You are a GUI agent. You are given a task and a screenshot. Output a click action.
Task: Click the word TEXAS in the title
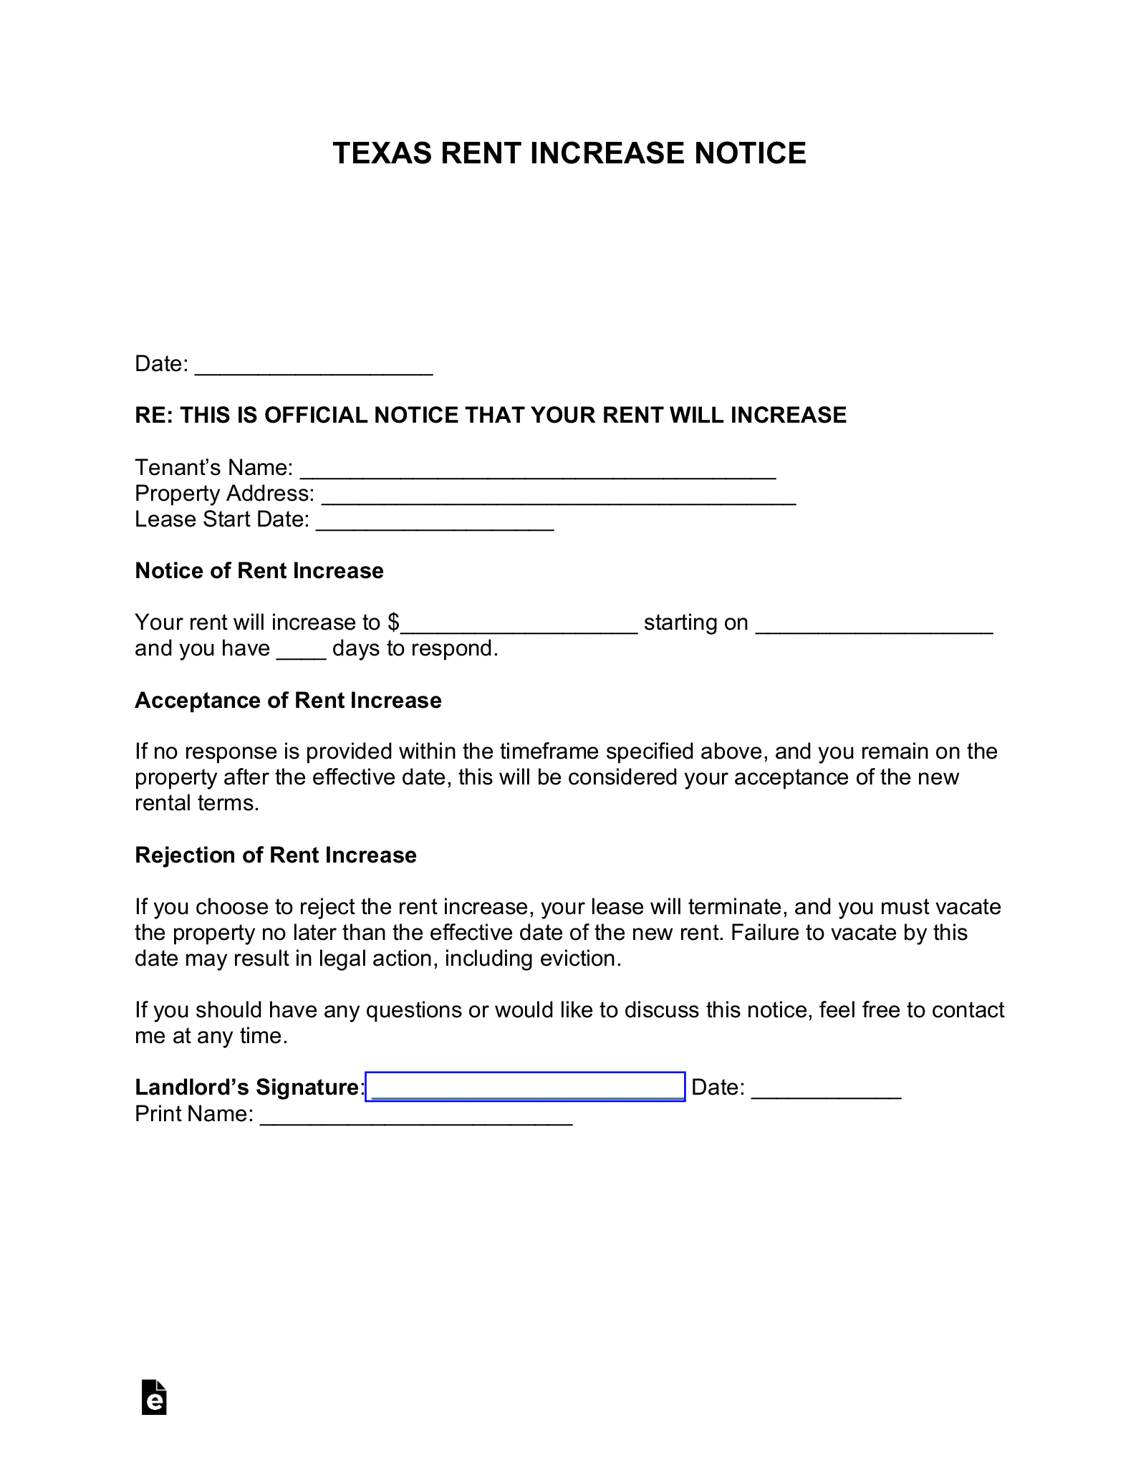coord(382,153)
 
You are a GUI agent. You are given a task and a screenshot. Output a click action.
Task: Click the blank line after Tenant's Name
coord(537,470)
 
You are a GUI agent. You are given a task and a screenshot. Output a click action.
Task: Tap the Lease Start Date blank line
coord(435,522)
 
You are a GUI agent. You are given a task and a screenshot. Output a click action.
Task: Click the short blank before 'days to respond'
coord(302,651)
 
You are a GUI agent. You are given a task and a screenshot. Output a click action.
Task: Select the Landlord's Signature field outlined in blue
coord(525,1087)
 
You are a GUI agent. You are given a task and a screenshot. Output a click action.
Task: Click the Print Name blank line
coord(415,1115)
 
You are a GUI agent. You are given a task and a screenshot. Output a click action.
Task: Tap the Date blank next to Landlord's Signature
coord(826,1090)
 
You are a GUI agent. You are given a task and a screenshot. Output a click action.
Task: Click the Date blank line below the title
coord(314,366)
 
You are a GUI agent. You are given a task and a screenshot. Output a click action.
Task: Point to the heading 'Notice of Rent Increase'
coord(259,571)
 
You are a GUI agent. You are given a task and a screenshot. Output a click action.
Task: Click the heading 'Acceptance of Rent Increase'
coord(288,701)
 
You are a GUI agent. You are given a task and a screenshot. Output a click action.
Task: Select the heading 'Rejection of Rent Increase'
coord(276,855)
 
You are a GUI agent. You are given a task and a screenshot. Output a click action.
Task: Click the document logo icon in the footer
coord(154,1398)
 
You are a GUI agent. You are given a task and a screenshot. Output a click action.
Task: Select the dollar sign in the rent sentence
coord(393,623)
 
